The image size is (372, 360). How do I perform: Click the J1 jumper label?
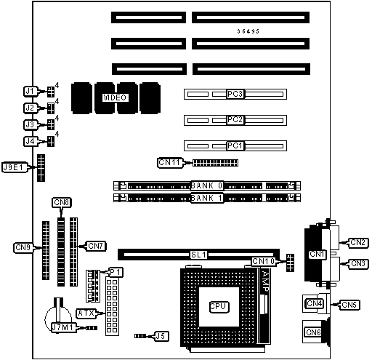31,92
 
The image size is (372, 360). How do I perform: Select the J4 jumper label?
31,141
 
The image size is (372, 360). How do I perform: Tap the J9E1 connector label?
14,167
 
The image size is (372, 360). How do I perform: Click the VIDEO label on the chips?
115,97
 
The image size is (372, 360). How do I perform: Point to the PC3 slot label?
235,94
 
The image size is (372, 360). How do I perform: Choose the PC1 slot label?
235,145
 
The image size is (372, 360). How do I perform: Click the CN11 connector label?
169,162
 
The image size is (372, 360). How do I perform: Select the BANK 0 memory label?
207,185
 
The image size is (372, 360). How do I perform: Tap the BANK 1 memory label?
207,198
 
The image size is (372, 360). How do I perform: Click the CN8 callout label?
62,202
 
